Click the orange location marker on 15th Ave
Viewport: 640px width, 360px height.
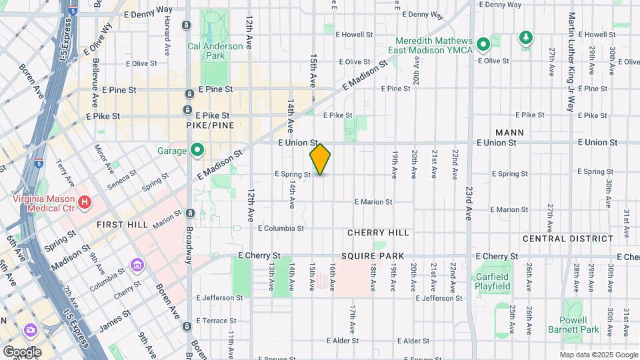321,159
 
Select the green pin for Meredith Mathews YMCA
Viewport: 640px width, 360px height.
484,45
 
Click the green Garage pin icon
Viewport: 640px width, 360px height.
197,151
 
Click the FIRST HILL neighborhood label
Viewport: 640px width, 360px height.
121,225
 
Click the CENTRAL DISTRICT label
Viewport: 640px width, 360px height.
567,239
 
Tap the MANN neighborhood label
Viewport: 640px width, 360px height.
509,133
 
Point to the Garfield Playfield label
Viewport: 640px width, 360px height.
493,281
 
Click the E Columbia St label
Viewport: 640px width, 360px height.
281,228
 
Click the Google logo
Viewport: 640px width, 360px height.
22,351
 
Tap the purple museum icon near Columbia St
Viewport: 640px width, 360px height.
137,267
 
